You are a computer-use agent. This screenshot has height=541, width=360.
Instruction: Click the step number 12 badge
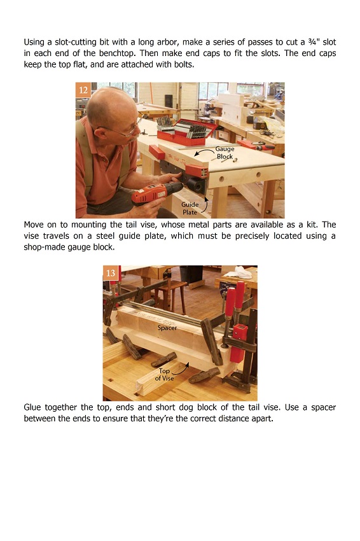tap(83, 90)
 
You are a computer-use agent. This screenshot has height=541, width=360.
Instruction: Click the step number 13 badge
tap(110, 273)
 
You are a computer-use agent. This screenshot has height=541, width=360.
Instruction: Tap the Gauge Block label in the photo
tap(225, 153)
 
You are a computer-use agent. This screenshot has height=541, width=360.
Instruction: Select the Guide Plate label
tap(190, 208)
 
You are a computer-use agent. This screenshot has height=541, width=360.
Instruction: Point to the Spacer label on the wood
tap(167, 327)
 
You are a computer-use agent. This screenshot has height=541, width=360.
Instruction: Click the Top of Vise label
tap(164, 374)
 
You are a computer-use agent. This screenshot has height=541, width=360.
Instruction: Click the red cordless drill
tap(157, 192)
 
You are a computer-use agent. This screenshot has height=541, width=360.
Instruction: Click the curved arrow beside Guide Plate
tap(206, 205)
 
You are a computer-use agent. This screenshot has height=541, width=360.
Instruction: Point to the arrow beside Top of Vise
tap(181, 370)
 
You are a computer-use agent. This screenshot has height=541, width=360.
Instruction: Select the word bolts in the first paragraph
tap(184, 64)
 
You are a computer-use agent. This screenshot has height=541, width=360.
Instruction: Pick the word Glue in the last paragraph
tap(32, 407)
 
